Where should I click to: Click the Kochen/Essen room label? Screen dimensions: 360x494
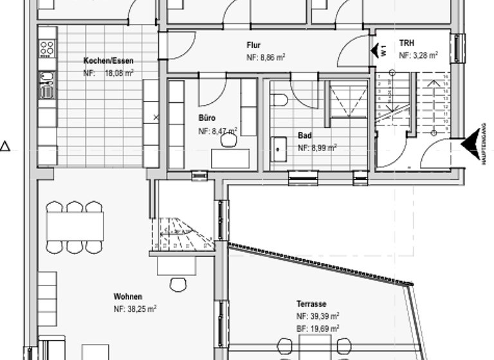[x=109, y=61]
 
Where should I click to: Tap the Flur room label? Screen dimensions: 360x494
[x=253, y=46]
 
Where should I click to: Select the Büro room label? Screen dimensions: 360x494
[x=207, y=118]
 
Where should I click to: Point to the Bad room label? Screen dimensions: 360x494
[x=304, y=136]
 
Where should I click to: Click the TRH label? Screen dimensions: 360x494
[x=407, y=44]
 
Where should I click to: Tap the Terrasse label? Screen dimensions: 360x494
[x=311, y=304]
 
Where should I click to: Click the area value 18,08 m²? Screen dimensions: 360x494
[x=119, y=73]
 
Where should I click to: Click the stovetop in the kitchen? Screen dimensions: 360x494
[x=48, y=48]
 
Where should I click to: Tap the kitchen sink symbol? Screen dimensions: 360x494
[x=48, y=84]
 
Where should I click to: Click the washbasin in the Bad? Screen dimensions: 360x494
[x=279, y=148]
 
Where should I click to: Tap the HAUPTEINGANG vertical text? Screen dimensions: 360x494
[x=484, y=144]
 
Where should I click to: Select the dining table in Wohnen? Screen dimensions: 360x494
[x=75, y=226]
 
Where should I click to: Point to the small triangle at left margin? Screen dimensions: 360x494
[x=5, y=147]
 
